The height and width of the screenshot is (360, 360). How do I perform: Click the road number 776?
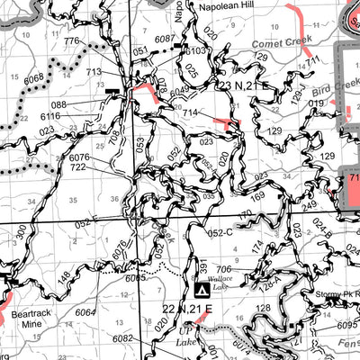pos(72,42)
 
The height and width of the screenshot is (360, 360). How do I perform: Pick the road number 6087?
pos(164,39)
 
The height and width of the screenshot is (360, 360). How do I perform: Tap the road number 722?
pos(77,167)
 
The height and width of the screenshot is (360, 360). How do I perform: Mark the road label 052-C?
pos(220,231)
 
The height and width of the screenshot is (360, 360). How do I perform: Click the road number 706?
pos(223,268)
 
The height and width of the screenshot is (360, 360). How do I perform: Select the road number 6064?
pos(85,311)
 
